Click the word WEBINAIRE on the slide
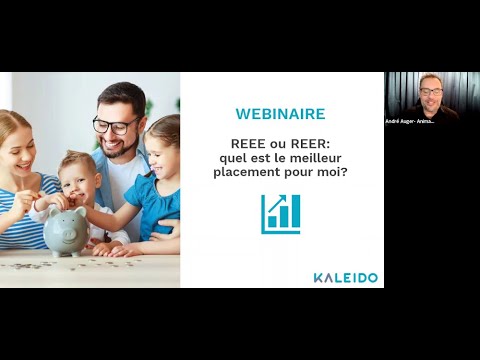(x=281, y=114)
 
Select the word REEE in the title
(x=249, y=141)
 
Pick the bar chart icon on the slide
(x=281, y=214)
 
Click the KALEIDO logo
(x=346, y=277)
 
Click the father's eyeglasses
(x=116, y=126)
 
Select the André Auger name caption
(x=410, y=121)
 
